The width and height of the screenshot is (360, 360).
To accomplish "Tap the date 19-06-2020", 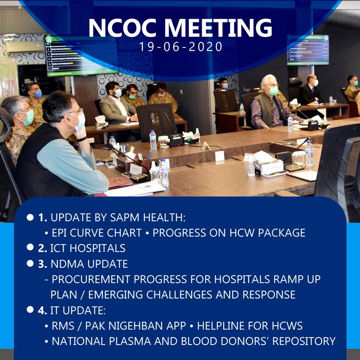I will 181,47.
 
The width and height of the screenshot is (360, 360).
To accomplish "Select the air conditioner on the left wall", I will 25,46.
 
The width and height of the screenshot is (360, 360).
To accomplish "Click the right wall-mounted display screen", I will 307,49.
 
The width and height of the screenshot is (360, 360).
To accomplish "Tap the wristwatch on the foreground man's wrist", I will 82,139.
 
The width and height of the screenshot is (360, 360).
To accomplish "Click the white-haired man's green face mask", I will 273,91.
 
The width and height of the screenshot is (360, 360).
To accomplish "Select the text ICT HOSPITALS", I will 88,248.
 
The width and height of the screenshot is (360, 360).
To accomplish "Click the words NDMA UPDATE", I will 89,264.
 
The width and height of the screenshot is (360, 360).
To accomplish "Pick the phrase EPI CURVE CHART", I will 97,233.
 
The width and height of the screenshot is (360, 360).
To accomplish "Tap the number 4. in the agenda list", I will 42,310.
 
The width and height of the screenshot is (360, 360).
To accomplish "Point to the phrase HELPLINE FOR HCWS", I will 250,326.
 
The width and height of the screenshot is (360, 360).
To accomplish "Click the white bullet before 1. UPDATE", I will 30,217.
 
